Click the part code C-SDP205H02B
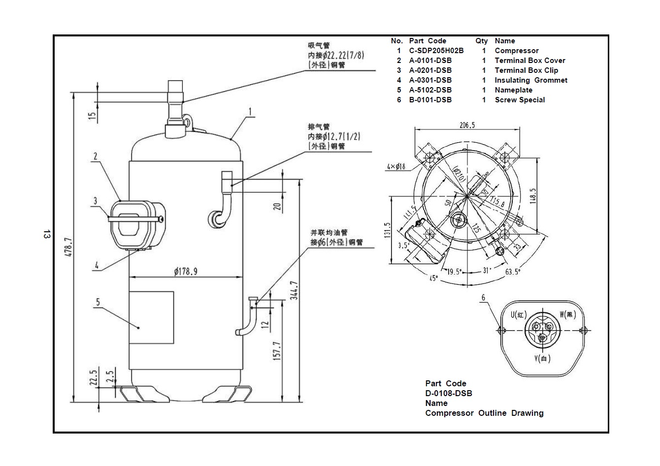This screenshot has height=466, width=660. (436, 51)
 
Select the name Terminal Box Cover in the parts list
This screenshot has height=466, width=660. (529, 61)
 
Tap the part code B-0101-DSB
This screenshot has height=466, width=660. (430, 100)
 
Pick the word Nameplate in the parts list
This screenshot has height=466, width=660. (513, 90)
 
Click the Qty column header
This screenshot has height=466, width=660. (481, 41)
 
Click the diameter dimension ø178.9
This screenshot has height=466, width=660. (186, 271)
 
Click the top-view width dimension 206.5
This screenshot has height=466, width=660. (467, 125)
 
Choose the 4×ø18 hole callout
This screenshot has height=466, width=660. (396, 167)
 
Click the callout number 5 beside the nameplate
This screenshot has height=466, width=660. (98, 302)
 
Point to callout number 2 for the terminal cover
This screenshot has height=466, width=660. (95, 157)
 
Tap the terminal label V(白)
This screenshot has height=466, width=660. (542, 359)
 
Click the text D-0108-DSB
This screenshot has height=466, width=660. (448, 393)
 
